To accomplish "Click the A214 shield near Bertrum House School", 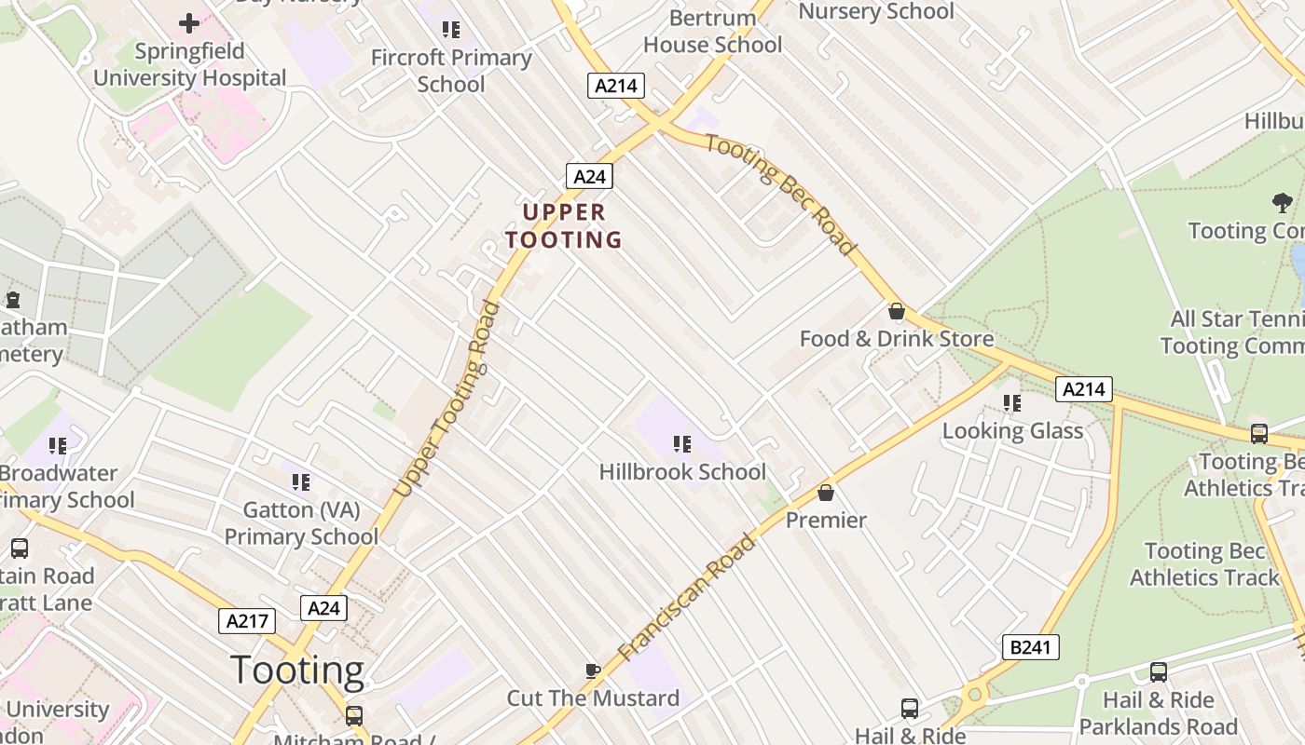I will point(616,86).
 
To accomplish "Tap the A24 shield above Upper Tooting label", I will point(589,176).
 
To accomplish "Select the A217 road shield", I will point(247,621).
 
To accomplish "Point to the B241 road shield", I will point(1031,647).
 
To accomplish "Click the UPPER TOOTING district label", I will point(564,226).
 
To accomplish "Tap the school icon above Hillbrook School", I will point(682,444).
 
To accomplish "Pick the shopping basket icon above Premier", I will point(825,492).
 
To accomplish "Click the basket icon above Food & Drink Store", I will point(897,310).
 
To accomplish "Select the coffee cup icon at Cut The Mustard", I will point(592,670).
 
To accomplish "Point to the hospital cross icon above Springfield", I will point(189,22).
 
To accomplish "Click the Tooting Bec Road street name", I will point(779,194).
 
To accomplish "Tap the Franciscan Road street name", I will point(687,597).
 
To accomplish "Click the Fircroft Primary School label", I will point(451,71).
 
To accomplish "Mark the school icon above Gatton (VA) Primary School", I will point(300,481).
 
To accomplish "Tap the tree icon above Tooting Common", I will point(1283,202).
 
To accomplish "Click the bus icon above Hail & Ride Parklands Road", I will point(1158,671).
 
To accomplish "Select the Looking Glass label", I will point(1012,430).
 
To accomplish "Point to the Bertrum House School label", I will point(712,31).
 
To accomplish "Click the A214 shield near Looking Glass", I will point(1084,388).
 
